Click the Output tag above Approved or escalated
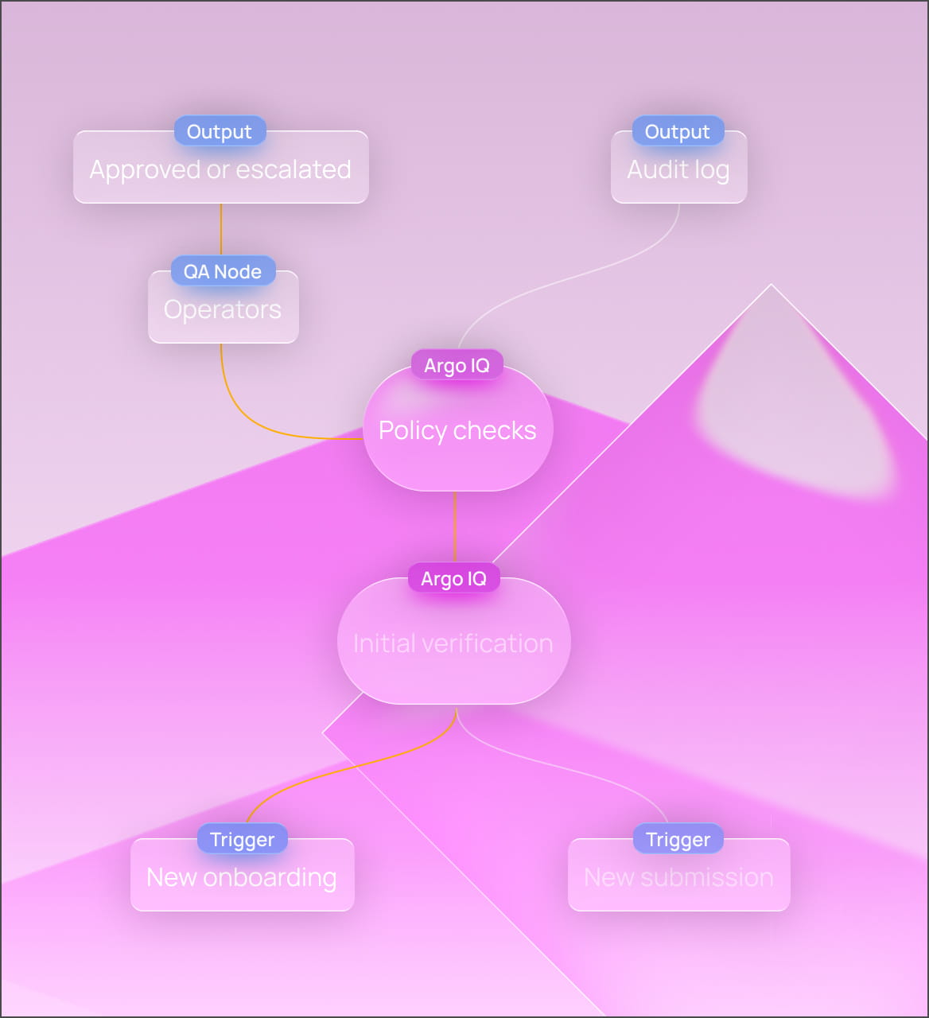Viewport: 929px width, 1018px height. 220,131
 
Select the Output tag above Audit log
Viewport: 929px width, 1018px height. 678,131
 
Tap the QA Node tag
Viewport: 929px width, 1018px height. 223,271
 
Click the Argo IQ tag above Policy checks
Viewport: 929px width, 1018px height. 457,365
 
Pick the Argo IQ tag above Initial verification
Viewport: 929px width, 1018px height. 453,578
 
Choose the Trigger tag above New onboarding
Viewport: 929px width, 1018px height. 242,839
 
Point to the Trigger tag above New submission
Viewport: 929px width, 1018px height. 678,839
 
